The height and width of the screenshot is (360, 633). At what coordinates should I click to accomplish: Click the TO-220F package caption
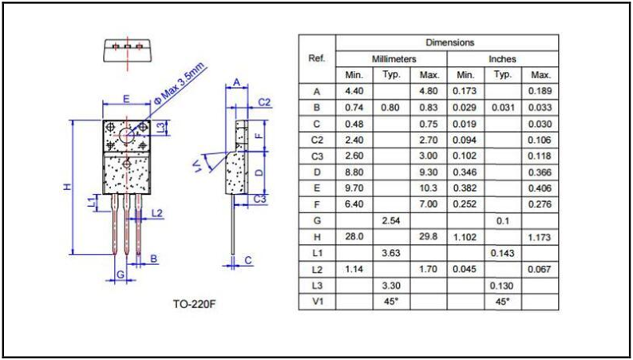click(194, 304)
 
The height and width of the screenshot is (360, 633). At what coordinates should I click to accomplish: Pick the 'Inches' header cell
click(503, 59)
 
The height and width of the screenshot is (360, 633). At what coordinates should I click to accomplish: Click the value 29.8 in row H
click(429, 236)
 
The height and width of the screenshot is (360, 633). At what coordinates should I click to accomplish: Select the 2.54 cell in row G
click(391, 220)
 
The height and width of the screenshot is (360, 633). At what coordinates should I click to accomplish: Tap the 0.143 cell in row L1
click(503, 253)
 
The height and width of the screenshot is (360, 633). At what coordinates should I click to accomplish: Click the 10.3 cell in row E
click(429, 188)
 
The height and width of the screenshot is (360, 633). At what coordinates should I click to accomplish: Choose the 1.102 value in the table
click(465, 236)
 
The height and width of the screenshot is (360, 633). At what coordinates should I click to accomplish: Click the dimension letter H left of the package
click(67, 186)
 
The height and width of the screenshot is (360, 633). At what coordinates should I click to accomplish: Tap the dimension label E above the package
click(126, 99)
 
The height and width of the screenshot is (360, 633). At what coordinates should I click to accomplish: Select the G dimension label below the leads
click(120, 274)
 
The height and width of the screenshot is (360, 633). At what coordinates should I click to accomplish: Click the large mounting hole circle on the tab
click(127, 135)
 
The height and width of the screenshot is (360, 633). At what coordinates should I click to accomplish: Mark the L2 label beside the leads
click(156, 213)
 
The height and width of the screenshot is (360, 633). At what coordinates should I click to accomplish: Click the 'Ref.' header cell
click(316, 59)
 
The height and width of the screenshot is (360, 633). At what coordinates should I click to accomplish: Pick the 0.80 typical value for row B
click(391, 107)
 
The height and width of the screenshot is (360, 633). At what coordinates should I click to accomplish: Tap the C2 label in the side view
click(264, 102)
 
